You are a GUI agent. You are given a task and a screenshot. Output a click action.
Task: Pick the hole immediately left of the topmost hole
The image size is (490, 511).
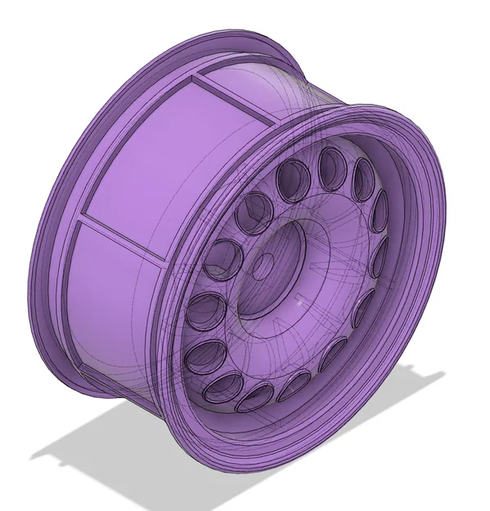coord(293,181)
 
